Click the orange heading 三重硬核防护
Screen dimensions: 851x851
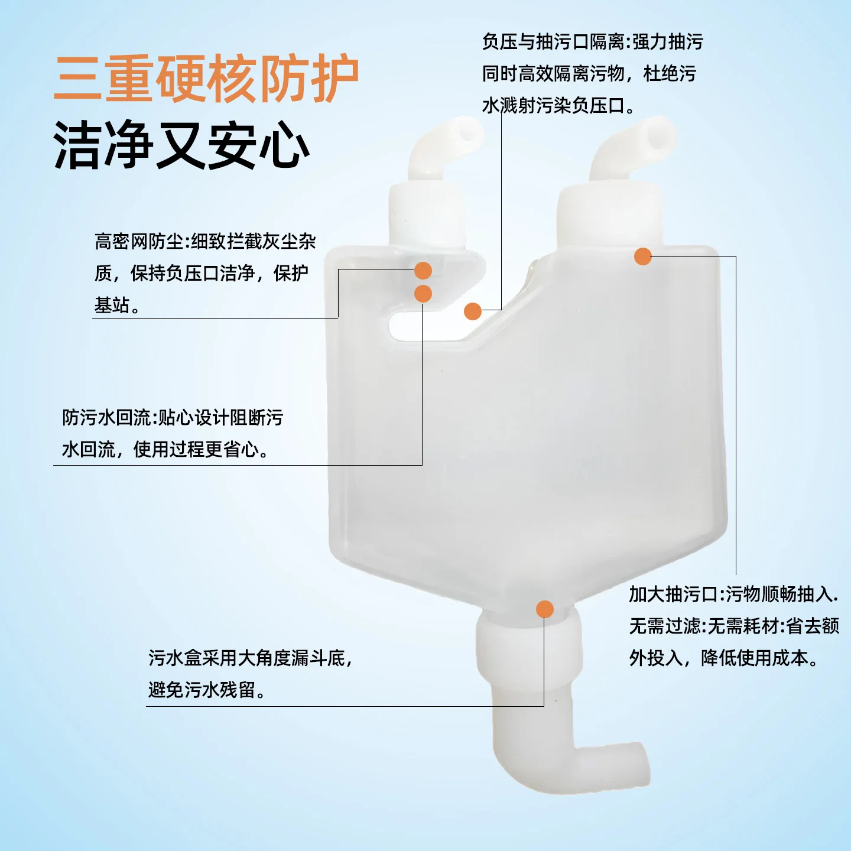206,79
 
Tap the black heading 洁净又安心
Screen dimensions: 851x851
181,146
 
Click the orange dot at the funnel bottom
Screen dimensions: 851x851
544,609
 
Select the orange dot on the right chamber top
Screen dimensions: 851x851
642,256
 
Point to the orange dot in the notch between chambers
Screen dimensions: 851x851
472,311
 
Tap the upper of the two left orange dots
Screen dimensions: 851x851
423,271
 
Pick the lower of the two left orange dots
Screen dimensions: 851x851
423,293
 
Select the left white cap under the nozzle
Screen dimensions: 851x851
426,213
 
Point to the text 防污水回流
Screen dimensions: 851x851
106,417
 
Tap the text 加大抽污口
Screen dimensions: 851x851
673,594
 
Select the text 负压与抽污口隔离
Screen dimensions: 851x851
553,42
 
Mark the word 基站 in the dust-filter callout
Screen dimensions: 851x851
112,305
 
